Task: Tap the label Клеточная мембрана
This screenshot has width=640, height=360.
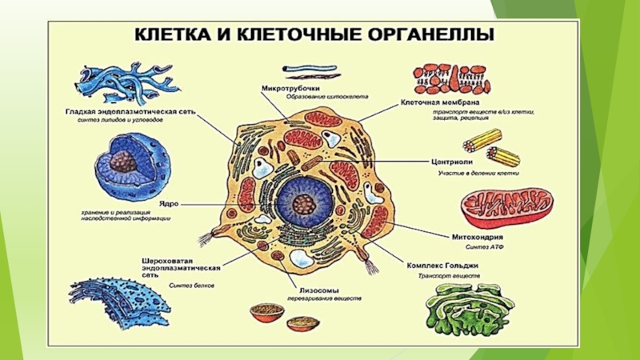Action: tap(440, 103)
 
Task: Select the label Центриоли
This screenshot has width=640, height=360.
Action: tap(450, 160)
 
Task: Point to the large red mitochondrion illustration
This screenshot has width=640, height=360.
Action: tap(506, 209)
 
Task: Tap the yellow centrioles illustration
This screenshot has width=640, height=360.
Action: tap(483, 144)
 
